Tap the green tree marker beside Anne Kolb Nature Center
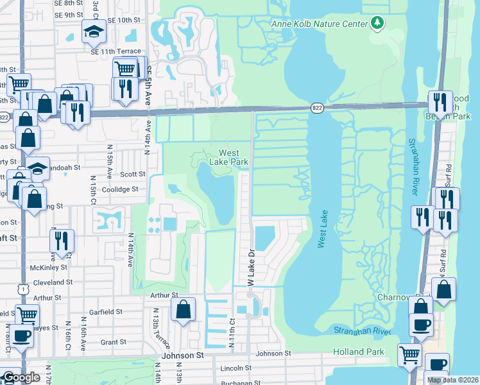377,24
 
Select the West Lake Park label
233,157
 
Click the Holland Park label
358,352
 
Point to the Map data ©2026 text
452,380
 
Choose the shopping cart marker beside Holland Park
409,354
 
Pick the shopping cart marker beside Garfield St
28,315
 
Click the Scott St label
133,174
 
